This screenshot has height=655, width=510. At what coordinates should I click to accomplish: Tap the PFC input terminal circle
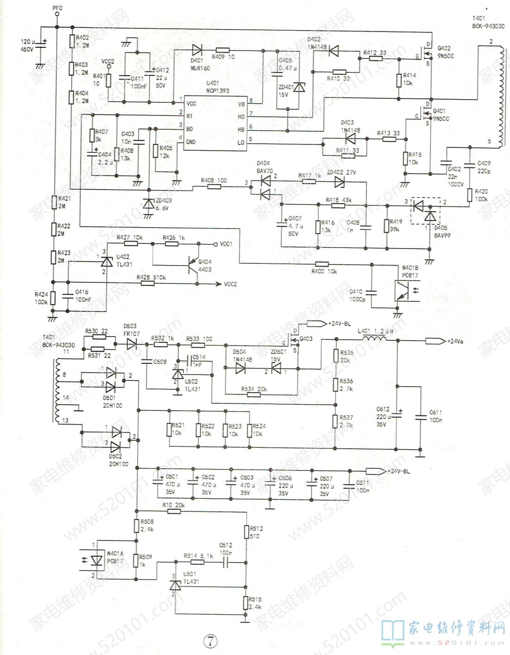(57, 14)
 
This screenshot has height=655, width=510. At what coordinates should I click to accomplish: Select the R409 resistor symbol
(223, 50)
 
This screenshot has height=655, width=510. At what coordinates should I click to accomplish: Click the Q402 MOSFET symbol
(426, 55)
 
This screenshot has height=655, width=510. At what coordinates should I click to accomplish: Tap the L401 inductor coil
(374, 340)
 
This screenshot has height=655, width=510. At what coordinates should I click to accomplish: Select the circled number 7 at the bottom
(210, 641)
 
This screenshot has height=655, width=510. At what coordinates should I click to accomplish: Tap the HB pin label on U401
(241, 130)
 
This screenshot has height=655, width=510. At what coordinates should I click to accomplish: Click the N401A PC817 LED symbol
(96, 560)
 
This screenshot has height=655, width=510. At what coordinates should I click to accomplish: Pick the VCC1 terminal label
(226, 243)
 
